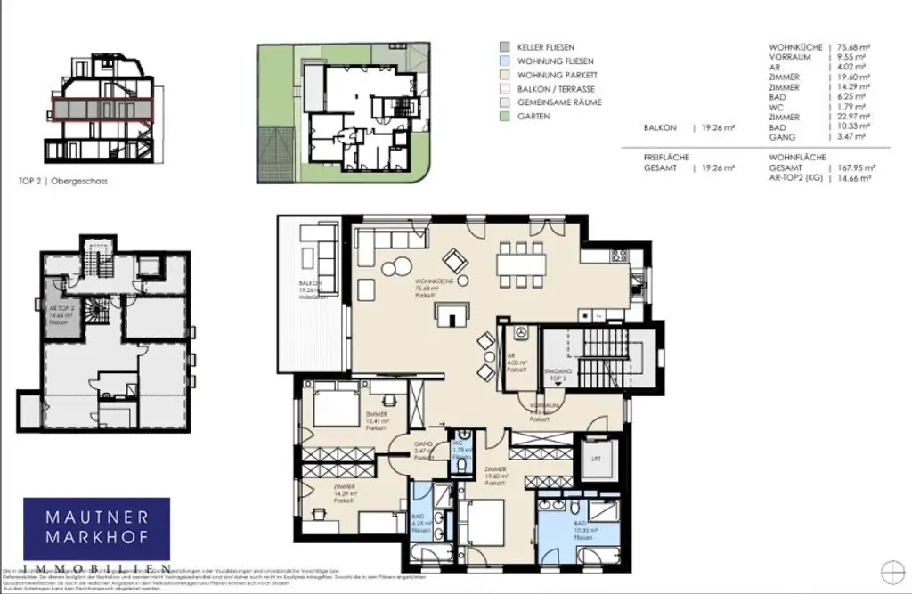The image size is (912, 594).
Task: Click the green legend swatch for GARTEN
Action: [504, 116]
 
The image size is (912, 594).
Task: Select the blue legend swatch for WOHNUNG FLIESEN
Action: [504, 60]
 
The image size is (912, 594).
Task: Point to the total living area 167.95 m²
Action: [854, 167]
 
